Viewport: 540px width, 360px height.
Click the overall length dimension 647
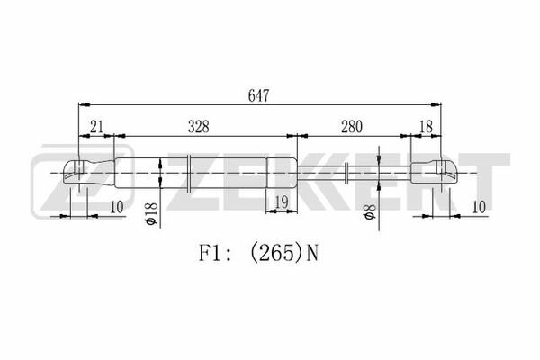tap(258, 95)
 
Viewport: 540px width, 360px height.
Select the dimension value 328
tap(199, 127)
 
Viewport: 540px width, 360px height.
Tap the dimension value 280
tap(352, 127)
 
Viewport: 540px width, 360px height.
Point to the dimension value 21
tap(96, 127)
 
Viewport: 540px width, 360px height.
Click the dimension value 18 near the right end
tap(427, 127)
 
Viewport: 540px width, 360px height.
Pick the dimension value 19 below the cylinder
tap(282, 202)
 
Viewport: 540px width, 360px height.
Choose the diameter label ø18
tap(151, 214)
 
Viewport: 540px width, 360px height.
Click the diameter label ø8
tap(369, 211)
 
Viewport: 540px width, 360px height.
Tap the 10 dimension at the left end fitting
tap(117, 207)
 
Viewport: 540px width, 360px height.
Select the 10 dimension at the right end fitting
tap(479, 207)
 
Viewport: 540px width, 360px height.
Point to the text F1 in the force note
tap(209, 254)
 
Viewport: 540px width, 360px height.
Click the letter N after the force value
tap(312, 254)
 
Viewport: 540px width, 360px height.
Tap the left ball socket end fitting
tap(88, 173)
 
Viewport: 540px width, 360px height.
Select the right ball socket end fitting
tap(435, 173)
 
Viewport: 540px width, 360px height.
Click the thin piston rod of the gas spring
tap(354, 174)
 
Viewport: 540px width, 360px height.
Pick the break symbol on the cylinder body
tap(189, 173)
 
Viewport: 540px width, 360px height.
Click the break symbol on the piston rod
tap(346, 173)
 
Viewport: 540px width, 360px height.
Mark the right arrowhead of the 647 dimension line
tap(436, 104)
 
